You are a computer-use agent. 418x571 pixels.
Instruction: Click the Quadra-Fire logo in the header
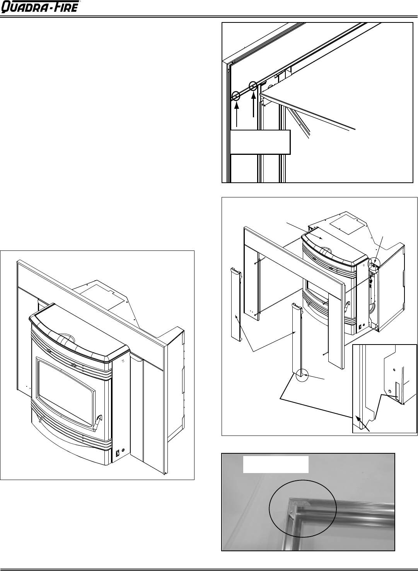click(x=40, y=7)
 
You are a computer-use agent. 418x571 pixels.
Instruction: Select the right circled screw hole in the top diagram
click(x=253, y=86)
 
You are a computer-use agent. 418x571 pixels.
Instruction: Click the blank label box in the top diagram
click(x=260, y=142)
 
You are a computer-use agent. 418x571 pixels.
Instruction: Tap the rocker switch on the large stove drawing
click(x=118, y=453)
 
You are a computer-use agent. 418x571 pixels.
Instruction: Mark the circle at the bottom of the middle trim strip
click(x=302, y=375)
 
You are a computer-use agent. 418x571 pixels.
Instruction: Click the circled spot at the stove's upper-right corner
click(x=374, y=264)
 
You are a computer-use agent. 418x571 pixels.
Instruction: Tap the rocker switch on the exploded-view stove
click(x=360, y=326)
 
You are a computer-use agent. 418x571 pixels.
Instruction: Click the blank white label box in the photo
click(x=276, y=493)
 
